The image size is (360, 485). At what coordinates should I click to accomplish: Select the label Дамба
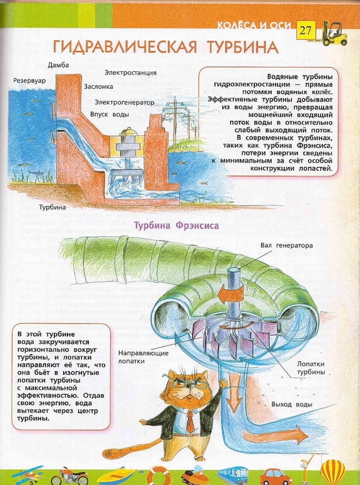tap(58, 65)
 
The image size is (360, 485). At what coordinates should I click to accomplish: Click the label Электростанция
tap(131, 72)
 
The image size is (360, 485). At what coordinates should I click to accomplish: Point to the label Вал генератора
tap(282, 245)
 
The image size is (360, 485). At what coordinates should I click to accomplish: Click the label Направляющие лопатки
tap(141, 357)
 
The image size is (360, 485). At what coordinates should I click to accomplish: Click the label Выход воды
tap(291, 403)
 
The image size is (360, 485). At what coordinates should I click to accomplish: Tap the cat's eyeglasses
tap(187, 388)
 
